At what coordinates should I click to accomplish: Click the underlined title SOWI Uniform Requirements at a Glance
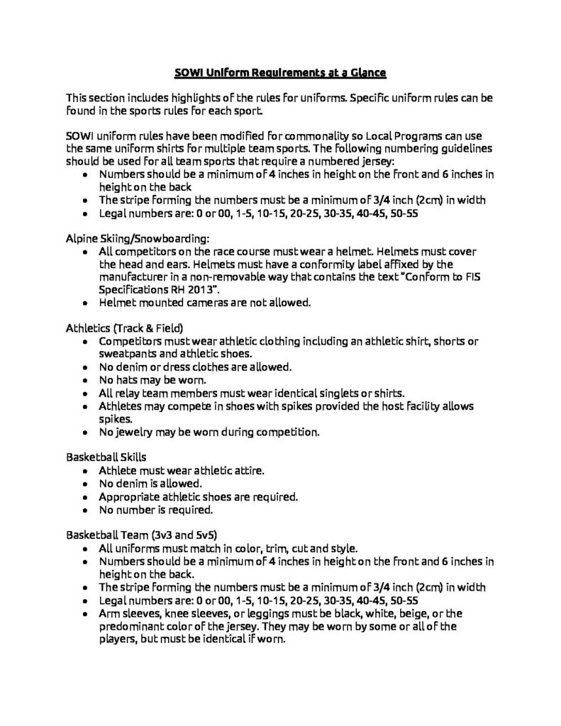[x=280, y=72]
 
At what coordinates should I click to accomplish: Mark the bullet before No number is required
[x=86, y=508]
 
